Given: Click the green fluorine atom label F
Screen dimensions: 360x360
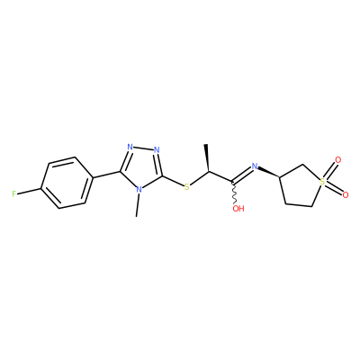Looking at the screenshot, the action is pyautogui.click(x=14, y=193).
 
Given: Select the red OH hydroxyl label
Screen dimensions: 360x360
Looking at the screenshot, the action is pyautogui.click(x=238, y=209).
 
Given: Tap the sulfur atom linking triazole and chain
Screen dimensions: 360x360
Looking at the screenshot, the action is pyautogui.click(x=187, y=187).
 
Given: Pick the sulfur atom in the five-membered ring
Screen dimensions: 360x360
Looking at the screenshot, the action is pyautogui.click(x=322, y=182).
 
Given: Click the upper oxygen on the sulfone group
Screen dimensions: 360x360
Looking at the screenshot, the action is pyautogui.click(x=338, y=160).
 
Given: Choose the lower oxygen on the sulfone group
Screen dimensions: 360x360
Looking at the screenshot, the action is pyautogui.click(x=346, y=195).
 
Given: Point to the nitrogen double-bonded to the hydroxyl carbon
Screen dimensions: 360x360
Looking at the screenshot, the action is pyautogui.click(x=255, y=166).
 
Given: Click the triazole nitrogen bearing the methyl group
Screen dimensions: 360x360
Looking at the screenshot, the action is pyautogui.click(x=139, y=190).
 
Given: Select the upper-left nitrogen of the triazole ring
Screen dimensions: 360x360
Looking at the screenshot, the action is pyautogui.click(x=130, y=147).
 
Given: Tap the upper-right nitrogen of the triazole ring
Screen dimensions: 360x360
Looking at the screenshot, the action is pyautogui.click(x=157, y=149).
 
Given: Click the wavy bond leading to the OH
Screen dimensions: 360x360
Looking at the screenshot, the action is pyautogui.click(x=235, y=193).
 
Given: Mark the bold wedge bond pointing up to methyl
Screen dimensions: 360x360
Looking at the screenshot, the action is pyautogui.click(x=207, y=158).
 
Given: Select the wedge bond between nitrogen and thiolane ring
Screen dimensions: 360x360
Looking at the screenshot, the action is pyautogui.click(x=269, y=172).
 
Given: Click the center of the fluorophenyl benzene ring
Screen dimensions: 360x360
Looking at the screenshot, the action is pyautogui.click(x=67, y=183).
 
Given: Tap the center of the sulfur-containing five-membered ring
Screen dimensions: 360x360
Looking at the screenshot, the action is pyautogui.click(x=301, y=185).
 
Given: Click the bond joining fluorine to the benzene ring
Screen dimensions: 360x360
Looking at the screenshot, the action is pyautogui.click(x=29, y=191).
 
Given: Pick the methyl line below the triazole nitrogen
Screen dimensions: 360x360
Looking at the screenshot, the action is pyautogui.click(x=138, y=205).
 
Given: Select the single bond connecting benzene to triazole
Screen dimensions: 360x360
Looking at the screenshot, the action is pyautogui.click(x=106, y=175).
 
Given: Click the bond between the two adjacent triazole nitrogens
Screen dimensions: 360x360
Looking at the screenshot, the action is pyautogui.click(x=143, y=148).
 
